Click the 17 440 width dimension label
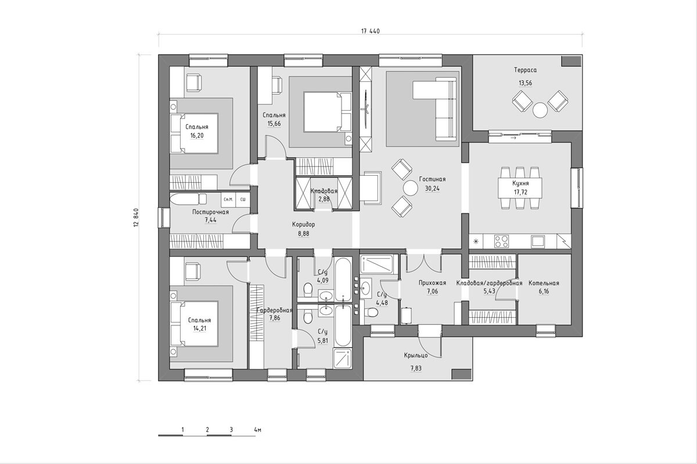(x=371, y=31)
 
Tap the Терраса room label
(x=525, y=70)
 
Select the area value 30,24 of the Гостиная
(x=432, y=188)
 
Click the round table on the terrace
(x=540, y=110)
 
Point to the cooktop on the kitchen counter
(x=501, y=241)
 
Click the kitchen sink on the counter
(x=538, y=241)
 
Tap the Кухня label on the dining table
(x=520, y=183)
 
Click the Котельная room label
(x=544, y=283)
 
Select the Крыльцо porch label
(x=416, y=355)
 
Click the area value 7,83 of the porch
(x=416, y=368)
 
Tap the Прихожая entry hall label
(x=432, y=283)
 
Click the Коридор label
(x=303, y=224)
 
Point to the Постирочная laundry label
(x=210, y=212)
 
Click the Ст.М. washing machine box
(x=228, y=200)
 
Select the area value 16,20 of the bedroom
(x=197, y=136)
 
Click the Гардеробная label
(x=274, y=310)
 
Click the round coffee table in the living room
(x=410, y=188)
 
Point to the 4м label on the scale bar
(x=257, y=430)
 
